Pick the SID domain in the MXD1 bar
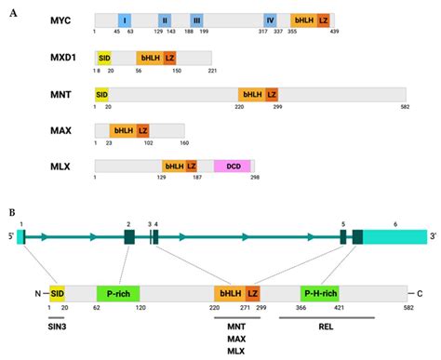[x=103, y=57]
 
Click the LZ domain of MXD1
[x=169, y=57]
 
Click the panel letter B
[x=12, y=211]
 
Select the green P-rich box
[x=118, y=294]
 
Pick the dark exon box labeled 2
[x=129, y=237]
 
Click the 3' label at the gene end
[x=433, y=237]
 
